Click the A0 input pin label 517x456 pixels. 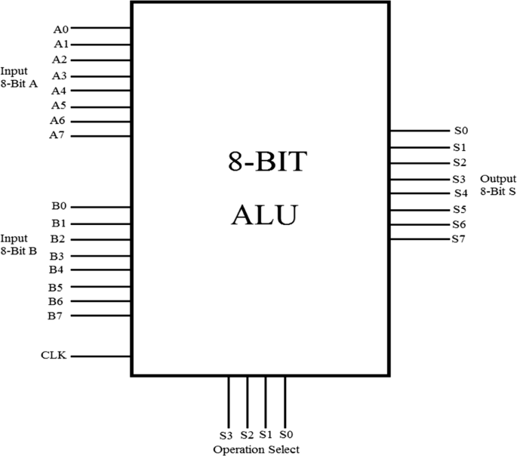[60, 29]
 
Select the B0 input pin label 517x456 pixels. [59, 206]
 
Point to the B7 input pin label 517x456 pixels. [55, 316]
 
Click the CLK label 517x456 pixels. [54, 355]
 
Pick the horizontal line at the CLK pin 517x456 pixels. [101, 356]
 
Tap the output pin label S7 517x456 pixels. [459, 239]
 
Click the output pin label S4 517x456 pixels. [460, 193]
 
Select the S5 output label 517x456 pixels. [459, 209]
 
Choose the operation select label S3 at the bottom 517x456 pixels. [226, 435]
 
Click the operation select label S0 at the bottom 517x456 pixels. [285, 435]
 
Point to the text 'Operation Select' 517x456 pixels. [256, 449]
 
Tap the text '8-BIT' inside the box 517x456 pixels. [267, 162]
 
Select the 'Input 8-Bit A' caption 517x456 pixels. [19, 77]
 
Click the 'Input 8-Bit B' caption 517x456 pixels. [19, 244]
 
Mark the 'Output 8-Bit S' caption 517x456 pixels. [498, 185]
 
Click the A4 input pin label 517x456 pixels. [59, 91]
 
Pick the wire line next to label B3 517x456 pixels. [101, 256]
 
